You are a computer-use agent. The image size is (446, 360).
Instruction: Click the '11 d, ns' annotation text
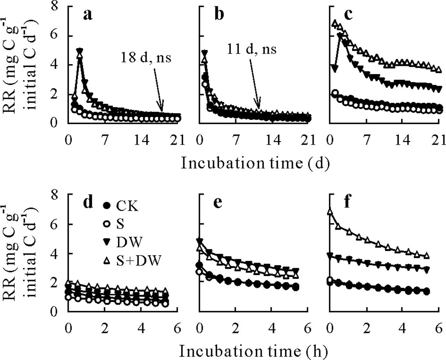[x=253, y=49]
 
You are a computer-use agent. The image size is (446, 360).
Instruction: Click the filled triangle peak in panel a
[x=79, y=51]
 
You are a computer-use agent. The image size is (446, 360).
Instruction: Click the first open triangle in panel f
[x=330, y=212]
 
